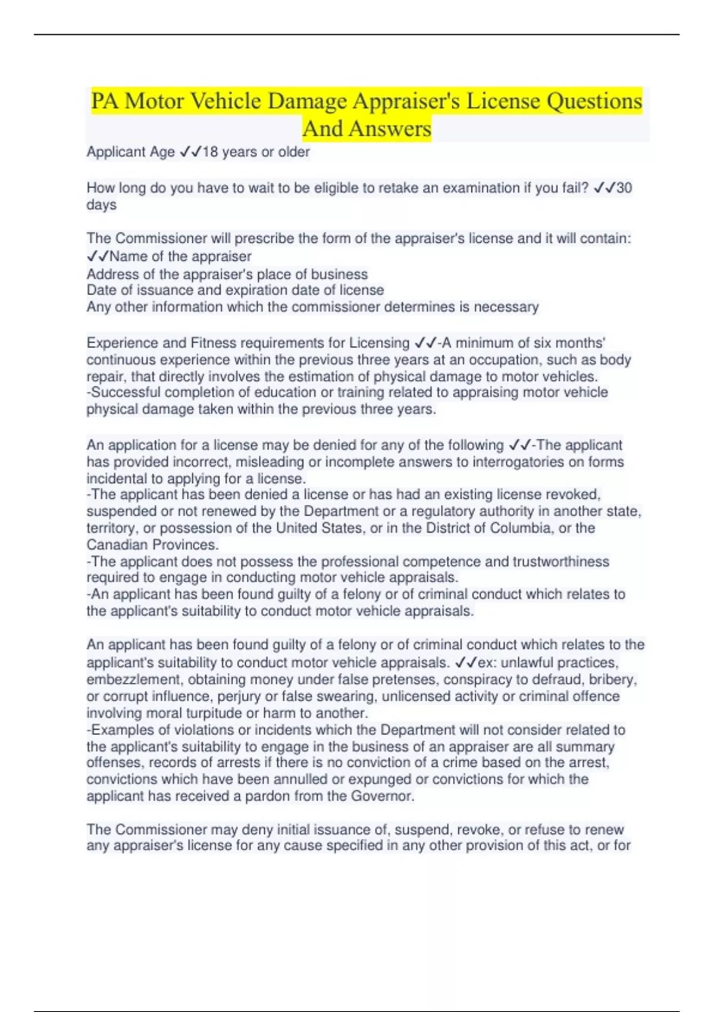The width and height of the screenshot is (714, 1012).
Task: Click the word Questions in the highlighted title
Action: pyautogui.click(x=594, y=101)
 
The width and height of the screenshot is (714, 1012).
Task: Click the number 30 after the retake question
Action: pyautogui.click(x=624, y=188)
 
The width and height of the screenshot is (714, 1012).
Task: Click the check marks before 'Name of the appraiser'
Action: pyautogui.click(x=98, y=257)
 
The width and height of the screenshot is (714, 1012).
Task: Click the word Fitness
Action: pyautogui.click(x=212, y=343)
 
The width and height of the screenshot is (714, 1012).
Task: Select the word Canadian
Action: pyautogui.click(x=117, y=545)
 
